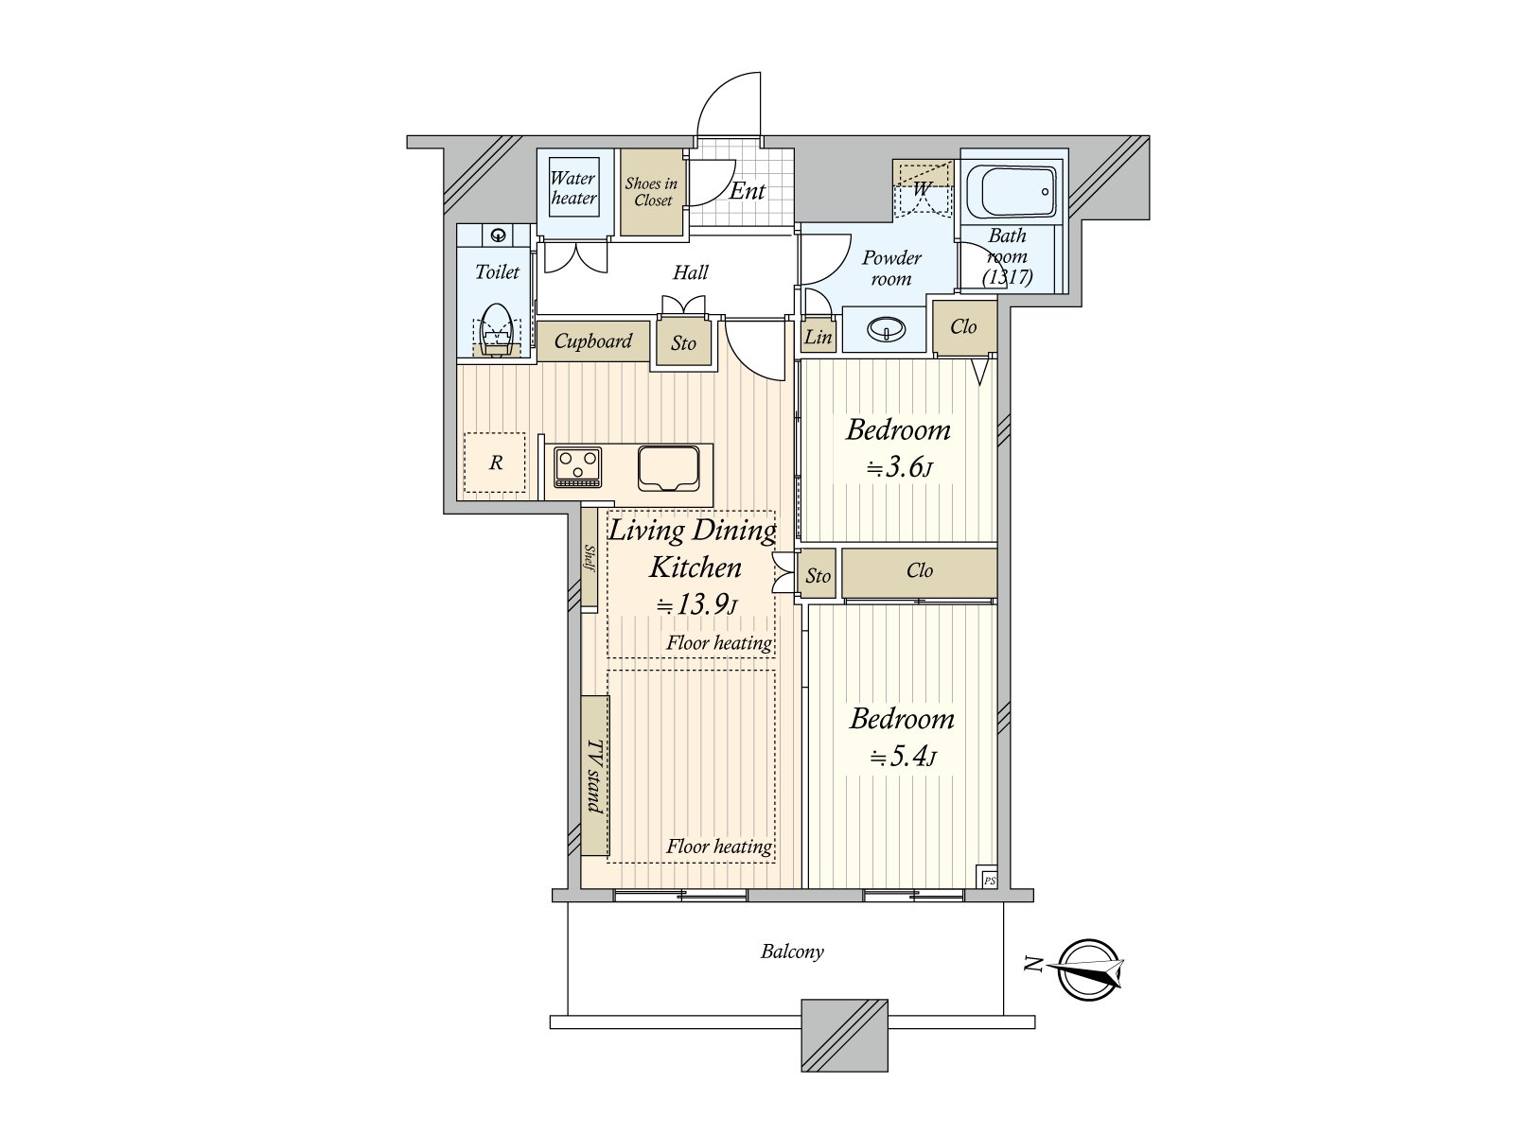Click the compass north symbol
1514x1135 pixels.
(1089, 969)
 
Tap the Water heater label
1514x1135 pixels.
(573, 188)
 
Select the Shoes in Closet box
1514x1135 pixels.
(652, 192)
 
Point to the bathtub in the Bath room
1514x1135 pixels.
(1018, 193)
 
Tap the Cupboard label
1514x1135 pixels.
(593, 341)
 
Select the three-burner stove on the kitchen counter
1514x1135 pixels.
(577, 467)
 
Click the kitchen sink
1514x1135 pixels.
(670, 467)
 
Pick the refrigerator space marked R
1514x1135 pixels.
(495, 463)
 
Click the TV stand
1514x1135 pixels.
(595, 776)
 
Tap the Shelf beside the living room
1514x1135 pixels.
(590, 558)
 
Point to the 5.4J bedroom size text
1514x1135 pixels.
(904, 757)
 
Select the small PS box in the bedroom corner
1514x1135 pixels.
(988, 879)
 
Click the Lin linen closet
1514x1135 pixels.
(818, 337)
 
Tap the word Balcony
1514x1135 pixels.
(792, 952)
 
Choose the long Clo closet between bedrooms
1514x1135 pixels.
(919, 571)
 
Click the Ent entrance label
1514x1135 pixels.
(747, 191)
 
